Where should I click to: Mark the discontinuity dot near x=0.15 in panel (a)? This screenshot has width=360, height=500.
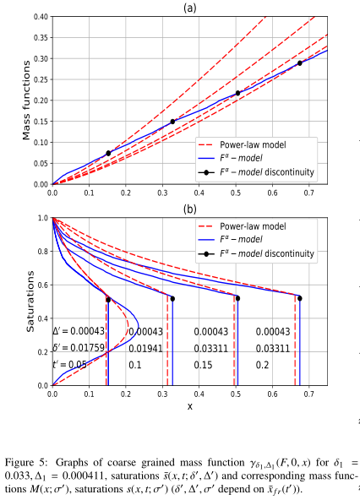(x=108, y=153)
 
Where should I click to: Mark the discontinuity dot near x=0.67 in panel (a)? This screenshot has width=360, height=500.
(x=299, y=63)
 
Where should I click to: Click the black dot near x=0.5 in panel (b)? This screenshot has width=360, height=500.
(x=237, y=297)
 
